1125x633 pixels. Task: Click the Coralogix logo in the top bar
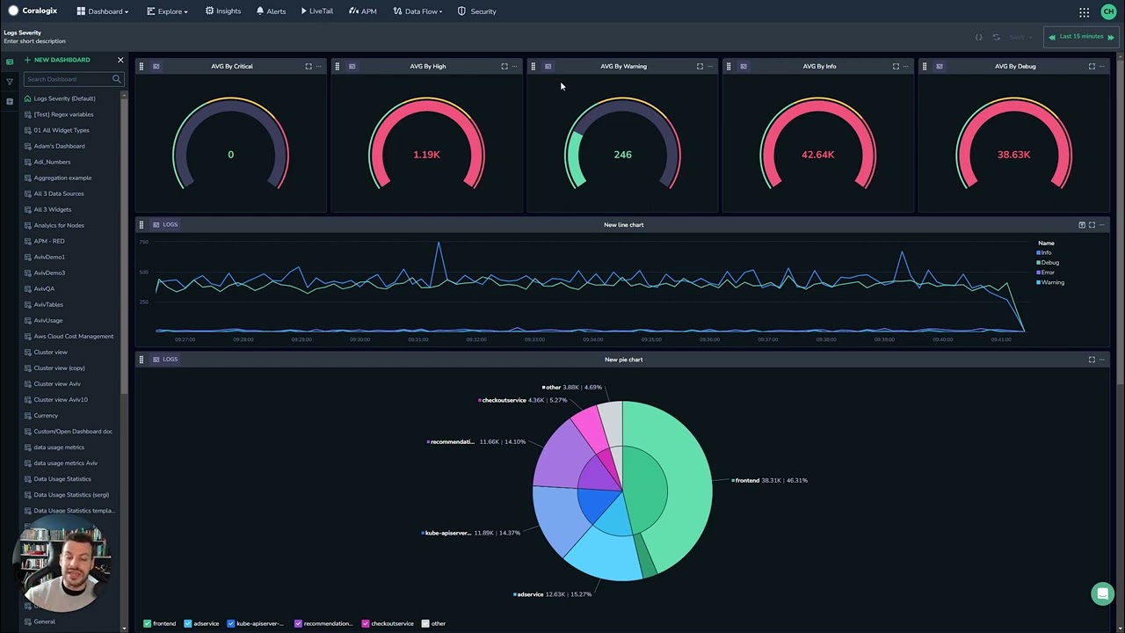tap(33, 11)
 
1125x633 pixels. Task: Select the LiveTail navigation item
tap(316, 11)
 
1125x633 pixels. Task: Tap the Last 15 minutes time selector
tap(1081, 37)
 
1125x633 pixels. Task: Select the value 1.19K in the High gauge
tap(426, 155)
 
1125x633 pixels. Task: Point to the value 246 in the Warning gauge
tap(622, 155)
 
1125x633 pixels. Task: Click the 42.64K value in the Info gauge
tap(817, 155)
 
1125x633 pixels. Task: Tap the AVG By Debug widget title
tap(1015, 67)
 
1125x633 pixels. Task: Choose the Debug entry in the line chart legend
tap(1049, 263)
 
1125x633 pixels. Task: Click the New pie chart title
tap(623, 360)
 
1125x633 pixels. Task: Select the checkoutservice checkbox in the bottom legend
tap(365, 623)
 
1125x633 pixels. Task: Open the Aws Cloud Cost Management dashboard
tap(73, 337)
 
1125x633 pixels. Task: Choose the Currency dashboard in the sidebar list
tap(46, 416)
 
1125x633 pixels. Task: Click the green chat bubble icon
tap(1102, 594)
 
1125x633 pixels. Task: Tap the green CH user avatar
tap(1107, 11)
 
